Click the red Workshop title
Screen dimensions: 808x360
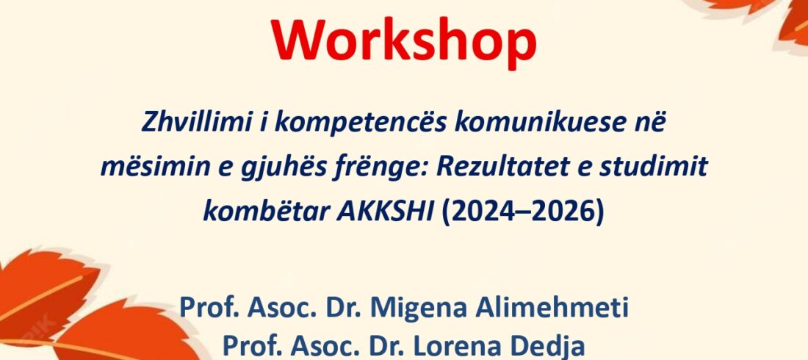[x=404, y=40]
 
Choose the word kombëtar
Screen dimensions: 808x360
[x=263, y=212]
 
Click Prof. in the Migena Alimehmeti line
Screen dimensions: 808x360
[x=209, y=308]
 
